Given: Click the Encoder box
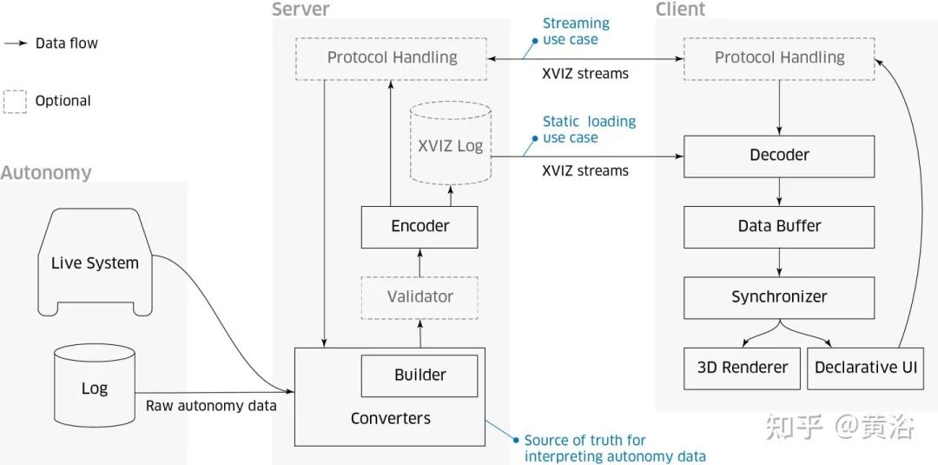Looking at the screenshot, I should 419,227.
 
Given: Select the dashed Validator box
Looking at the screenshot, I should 419,297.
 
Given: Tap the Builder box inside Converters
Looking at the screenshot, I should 419,375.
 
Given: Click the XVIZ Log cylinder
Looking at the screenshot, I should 450,145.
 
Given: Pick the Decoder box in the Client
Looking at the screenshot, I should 779,156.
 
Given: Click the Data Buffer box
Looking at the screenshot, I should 779,226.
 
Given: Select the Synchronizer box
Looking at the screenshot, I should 779,297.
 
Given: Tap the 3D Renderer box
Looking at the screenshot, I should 742,368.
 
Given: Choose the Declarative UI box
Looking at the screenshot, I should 866,368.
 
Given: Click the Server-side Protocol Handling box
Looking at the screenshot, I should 392,58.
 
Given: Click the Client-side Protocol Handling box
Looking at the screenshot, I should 779,58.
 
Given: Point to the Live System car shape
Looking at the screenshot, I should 95,262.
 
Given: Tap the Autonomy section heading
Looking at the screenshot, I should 45,172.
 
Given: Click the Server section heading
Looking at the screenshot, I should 301,10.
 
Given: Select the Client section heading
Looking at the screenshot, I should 680,10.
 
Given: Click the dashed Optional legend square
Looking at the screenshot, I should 16,101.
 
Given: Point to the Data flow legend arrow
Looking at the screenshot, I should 16,43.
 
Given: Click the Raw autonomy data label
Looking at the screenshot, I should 211,406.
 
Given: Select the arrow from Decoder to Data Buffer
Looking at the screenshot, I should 779,191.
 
